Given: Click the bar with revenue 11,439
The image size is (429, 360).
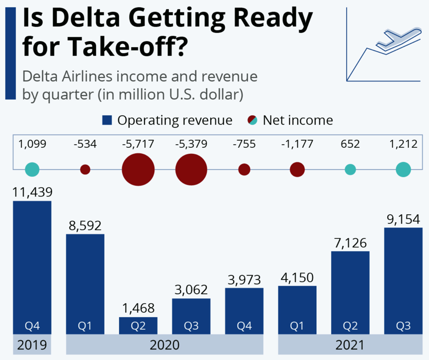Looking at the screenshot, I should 32,266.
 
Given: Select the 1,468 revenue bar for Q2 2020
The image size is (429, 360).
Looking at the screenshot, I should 138,325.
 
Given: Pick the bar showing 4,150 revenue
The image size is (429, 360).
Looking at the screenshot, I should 297,309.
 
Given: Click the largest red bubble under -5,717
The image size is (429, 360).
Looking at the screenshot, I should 138,169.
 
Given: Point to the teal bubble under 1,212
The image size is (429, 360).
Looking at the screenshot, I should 403,169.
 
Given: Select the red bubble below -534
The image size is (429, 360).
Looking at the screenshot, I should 85,169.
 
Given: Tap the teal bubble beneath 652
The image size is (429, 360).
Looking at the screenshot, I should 350,169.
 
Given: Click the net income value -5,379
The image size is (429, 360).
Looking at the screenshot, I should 191,145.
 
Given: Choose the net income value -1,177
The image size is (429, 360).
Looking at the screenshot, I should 297,145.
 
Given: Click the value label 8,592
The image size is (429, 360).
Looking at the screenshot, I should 85,225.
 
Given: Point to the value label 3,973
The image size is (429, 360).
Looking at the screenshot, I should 244,279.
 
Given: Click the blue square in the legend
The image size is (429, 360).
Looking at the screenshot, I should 107,121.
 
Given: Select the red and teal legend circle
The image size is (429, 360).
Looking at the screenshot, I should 252,121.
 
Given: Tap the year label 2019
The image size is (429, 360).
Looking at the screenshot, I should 32,346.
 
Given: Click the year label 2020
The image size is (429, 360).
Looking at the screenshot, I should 165,346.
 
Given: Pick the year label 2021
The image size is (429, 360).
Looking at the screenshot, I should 350,346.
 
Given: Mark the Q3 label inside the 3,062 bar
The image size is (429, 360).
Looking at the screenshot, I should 191,326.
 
